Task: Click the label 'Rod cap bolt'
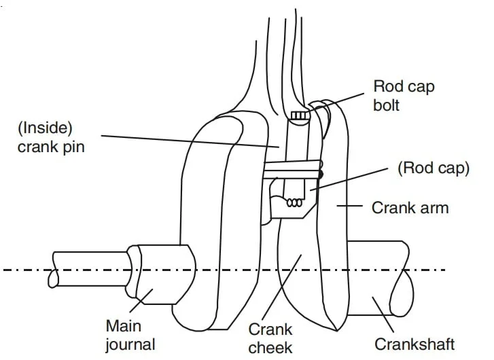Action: point(404,96)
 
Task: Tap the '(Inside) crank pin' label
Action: point(51,137)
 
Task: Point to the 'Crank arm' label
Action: point(410,207)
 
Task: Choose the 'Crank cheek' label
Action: point(270,338)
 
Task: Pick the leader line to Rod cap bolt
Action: point(342,100)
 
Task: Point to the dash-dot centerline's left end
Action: point(5,270)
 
